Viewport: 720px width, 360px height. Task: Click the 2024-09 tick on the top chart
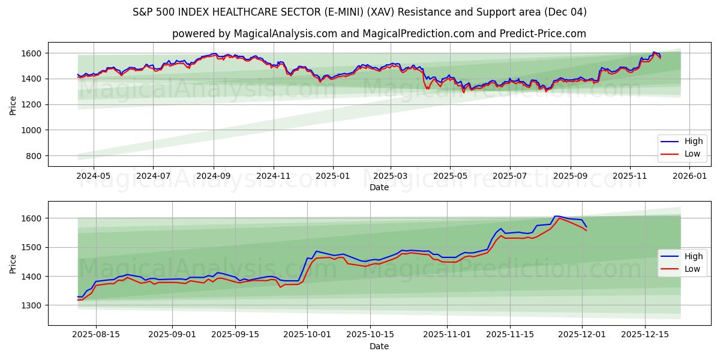coord(214,176)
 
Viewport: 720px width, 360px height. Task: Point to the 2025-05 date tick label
coord(449,176)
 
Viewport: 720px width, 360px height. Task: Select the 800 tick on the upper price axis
coord(34,156)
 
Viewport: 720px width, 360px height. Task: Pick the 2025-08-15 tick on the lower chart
coord(96,335)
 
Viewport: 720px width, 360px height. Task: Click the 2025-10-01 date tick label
coord(307,335)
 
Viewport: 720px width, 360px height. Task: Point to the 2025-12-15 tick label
coord(645,335)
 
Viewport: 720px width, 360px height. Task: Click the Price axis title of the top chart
coord(13,104)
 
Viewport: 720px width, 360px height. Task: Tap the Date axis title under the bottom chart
coord(379,346)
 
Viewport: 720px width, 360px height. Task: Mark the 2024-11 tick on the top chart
coord(274,176)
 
